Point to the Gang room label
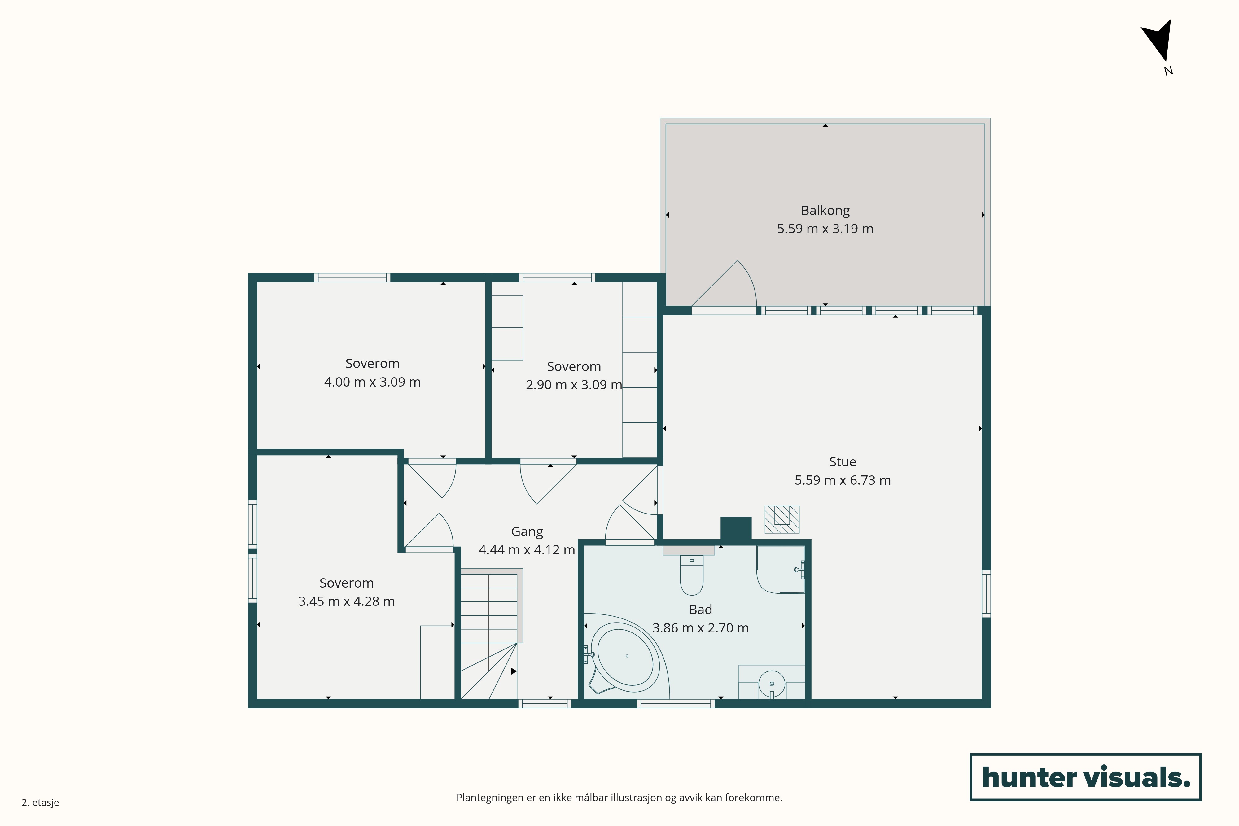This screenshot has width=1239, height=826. point(527,532)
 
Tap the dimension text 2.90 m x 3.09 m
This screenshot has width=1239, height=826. point(574,385)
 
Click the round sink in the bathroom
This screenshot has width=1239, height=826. point(772,684)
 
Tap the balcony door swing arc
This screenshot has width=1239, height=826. point(750,279)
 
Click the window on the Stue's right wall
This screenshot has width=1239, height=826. point(986,593)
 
